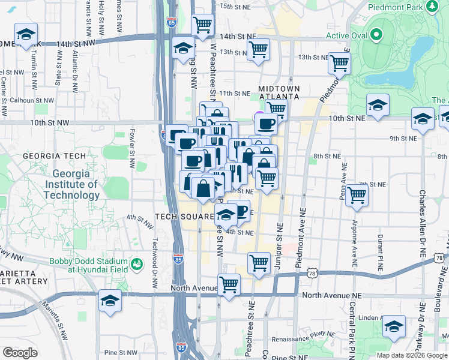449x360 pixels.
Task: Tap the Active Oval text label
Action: (346, 35)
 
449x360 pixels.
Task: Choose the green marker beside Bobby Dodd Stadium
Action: (137, 263)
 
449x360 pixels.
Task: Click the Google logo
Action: (20, 353)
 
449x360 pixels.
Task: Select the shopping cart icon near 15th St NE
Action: (203, 25)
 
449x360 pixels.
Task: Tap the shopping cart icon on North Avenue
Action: (229, 284)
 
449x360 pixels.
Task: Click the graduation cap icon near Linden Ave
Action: (394, 326)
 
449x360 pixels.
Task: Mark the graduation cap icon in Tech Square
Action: (226, 214)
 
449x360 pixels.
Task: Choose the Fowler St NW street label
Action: (132, 148)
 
